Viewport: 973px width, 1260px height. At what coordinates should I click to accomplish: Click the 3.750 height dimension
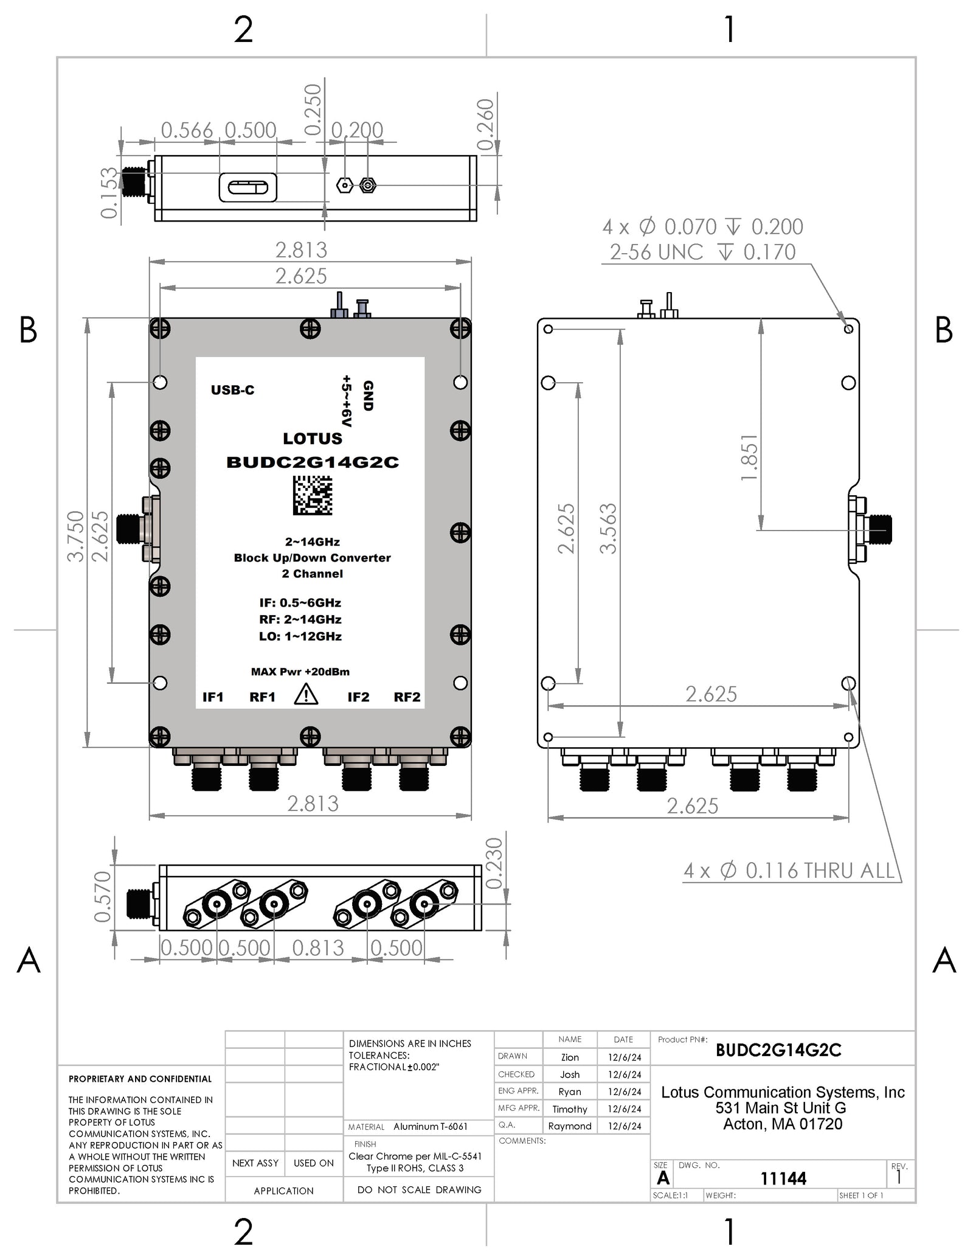coord(75,536)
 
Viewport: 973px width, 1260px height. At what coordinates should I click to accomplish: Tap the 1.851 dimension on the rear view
coord(749,458)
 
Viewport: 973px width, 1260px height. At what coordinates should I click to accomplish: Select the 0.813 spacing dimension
coord(318,948)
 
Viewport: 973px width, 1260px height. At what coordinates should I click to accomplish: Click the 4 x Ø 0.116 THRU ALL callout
coord(789,871)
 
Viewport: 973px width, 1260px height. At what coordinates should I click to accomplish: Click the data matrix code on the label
coord(313,495)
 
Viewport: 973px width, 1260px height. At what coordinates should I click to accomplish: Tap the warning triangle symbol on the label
coord(306,695)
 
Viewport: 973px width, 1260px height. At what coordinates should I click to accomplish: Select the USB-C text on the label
coord(232,390)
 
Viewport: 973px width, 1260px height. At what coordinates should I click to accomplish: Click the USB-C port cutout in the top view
coord(248,187)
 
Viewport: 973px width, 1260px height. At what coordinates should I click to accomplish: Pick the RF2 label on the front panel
coord(407,697)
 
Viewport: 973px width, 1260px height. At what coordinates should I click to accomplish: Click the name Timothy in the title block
coord(569,1109)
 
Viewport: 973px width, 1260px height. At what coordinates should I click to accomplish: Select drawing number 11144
coord(783,1178)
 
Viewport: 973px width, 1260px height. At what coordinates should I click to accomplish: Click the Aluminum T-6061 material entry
coord(430,1127)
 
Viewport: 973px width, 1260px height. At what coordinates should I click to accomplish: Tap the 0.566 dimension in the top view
coord(187,130)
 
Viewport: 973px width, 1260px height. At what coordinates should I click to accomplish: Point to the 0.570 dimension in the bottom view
coord(103,897)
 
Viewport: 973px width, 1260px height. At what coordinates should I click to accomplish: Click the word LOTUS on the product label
coord(313,439)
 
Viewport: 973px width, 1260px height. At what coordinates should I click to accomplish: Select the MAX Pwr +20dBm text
coord(300,672)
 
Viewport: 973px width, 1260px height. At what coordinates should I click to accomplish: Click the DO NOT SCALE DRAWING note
coord(419,1189)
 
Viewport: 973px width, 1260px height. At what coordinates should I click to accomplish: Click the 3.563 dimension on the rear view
coord(608,528)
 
